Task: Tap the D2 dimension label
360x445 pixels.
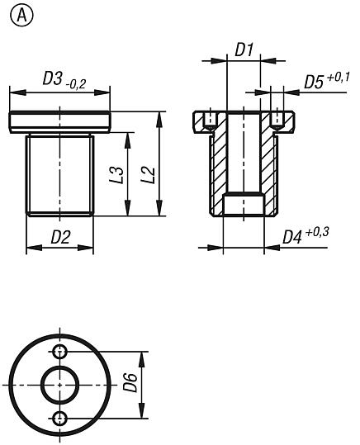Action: (x=59, y=238)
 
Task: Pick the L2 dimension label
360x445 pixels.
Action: (x=147, y=175)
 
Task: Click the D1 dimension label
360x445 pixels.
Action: (x=244, y=50)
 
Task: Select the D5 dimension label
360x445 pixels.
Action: (x=313, y=83)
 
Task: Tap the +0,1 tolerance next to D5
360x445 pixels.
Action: (x=339, y=78)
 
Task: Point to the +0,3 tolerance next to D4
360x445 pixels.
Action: (x=317, y=232)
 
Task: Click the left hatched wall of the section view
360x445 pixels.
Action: (x=218, y=165)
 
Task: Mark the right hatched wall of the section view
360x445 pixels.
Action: (x=268, y=165)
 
